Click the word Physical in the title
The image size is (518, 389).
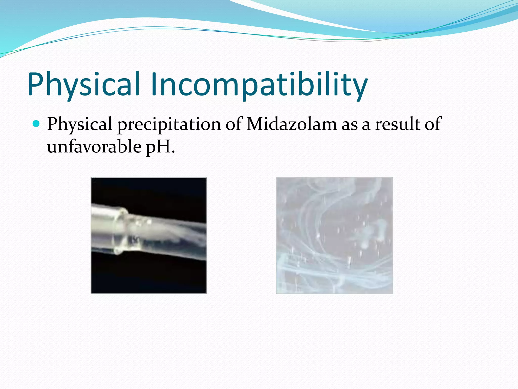(83, 84)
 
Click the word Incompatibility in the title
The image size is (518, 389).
(259, 84)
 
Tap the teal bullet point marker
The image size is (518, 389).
(36, 124)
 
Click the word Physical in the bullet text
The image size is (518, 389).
(79, 125)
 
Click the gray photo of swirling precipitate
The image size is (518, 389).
(334, 236)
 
